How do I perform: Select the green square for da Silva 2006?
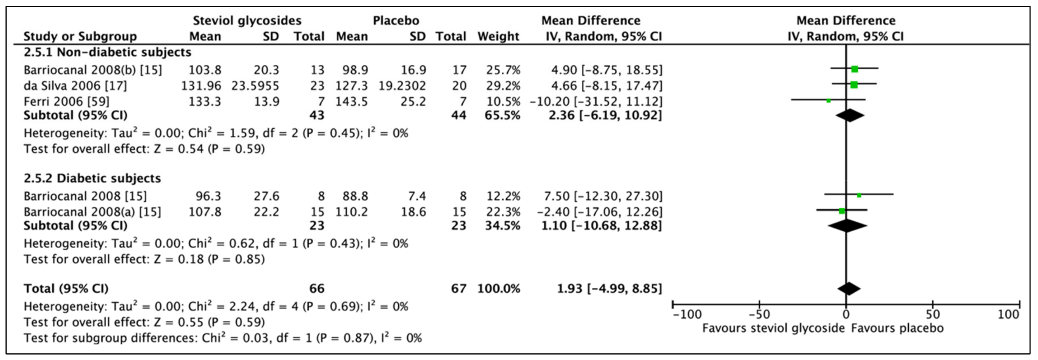coord(854,85)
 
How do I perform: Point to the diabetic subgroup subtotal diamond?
coord(847,226)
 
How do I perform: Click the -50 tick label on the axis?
coord(759,314)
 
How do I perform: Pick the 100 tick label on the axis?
coord(1008,314)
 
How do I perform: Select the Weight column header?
coord(498,36)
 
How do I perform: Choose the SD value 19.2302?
coord(402,86)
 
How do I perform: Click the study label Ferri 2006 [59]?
coord(66,102)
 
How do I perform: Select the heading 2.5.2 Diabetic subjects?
coord(92,178)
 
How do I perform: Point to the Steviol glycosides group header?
coord(247,21)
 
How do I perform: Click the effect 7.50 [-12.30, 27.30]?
coord(603,196)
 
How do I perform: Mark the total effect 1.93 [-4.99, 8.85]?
coord(609,289)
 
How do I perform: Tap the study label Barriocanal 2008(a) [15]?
coord(92,212)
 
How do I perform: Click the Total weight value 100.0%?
coord(499,289)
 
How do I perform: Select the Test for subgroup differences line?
coord(223,338)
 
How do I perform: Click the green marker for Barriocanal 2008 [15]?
coord(859,195)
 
